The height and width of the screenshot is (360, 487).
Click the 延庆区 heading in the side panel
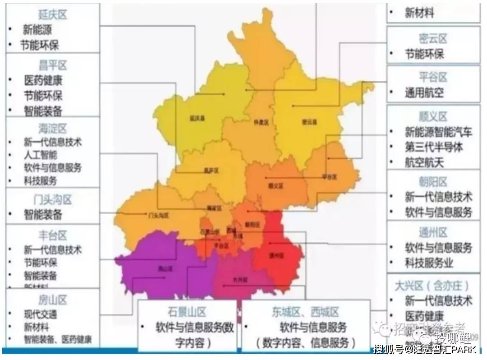pyautogui.click(x=52, y=15)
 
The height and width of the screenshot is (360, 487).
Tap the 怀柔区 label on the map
pyautogui.click(x=261, y=122)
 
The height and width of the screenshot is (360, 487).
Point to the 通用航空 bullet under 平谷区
pyautogui.click(x=424, y=93)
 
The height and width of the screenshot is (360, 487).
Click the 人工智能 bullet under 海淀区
pyautogui.click(x=41, y=155)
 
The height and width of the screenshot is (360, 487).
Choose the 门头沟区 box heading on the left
pyautogui.click(x=52, y=199)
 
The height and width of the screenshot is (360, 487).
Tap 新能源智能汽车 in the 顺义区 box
pyautogui.click(x=438, y=132)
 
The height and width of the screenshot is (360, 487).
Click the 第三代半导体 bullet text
pyautogui.click(x=433, y=147)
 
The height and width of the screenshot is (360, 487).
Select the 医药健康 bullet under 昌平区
pyautogui.click(x=43, y=81)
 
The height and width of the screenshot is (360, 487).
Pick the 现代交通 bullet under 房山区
pyautogui.click(x=41, y=314)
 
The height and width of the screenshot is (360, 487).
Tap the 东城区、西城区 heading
pyautogui.click(x=305, y=312)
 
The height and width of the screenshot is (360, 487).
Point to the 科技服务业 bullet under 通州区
pyautogui.click(x=428, y=263)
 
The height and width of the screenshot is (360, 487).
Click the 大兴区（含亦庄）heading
pyautogui.click(x=432, y=286)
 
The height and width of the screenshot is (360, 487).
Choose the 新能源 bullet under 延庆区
pyautogui.click(x=37, y=30)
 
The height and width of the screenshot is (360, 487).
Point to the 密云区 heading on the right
pyautogui.click(x=432, y=39)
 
